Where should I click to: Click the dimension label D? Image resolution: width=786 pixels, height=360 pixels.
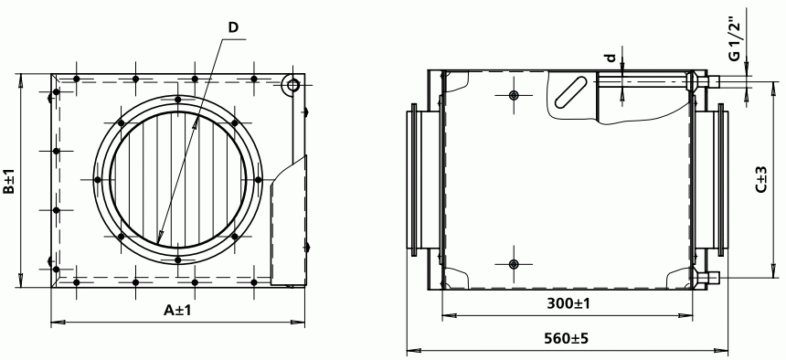233,27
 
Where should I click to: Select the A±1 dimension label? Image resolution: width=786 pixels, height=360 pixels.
178,311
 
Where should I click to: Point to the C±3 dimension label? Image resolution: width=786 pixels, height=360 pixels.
761,179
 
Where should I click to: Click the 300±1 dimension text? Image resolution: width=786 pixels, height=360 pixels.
568,303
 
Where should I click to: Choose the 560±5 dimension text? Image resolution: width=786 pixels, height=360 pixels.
567,338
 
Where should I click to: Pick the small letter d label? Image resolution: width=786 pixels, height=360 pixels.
611,58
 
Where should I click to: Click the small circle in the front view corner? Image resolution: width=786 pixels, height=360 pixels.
292,84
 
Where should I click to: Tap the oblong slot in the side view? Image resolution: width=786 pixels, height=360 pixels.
571,91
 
